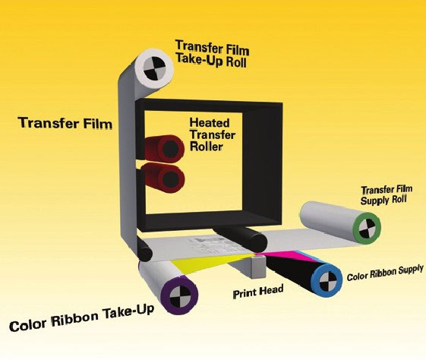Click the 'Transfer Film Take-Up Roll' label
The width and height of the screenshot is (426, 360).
(212, 54)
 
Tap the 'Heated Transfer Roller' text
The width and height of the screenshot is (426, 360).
(213, 134)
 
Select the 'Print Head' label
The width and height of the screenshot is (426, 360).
(258, 291)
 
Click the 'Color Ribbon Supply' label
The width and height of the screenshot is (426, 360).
(385, 273)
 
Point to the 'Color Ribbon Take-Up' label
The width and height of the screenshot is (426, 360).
(82, 317)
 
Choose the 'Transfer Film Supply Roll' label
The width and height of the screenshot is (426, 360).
(386, 194)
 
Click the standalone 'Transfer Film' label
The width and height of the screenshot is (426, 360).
(65, 123)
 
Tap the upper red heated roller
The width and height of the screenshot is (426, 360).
(164, 149)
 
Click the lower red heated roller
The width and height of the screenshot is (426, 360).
(164, 178)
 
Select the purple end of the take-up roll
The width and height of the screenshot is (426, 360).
(179, 295)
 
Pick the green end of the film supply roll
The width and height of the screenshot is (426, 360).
(367, 228)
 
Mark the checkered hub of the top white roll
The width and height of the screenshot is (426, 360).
(154, 68)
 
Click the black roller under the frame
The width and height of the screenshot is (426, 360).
(241, 238)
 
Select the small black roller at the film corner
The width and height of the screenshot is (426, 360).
(144, 250)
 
